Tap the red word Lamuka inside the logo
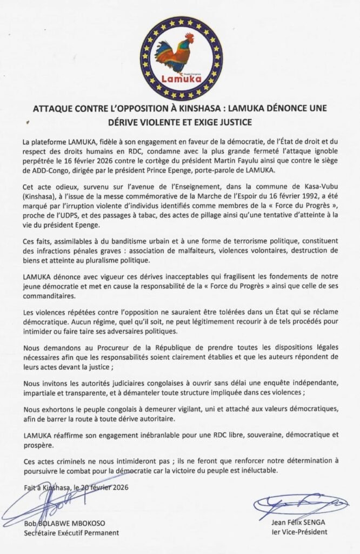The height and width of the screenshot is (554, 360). (181, 79)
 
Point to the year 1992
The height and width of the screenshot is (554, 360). (314, 197)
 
